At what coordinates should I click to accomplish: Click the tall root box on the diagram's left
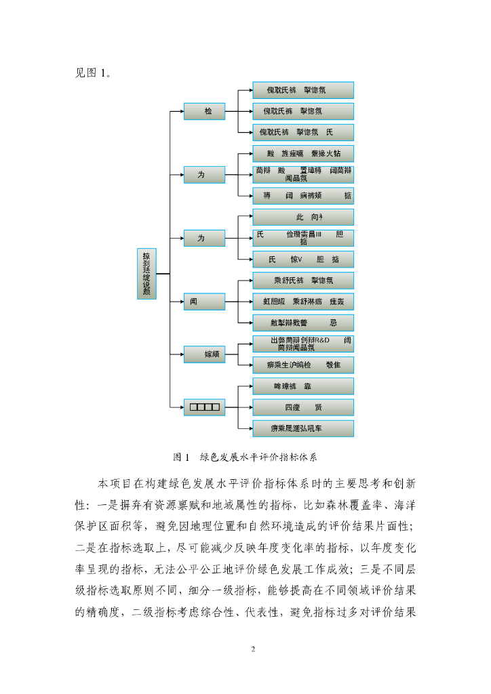tap(146, 274)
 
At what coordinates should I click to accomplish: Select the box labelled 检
tap(204, 111)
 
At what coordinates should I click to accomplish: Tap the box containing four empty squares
tap(204, 407)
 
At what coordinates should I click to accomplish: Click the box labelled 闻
tap(204, 302)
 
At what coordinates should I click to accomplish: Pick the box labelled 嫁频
tap(204, 354)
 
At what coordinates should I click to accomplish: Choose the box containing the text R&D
tap(303, 344)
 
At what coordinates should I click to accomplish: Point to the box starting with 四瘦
tap(303, 407)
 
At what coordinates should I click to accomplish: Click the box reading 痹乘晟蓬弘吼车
tap(303, 428)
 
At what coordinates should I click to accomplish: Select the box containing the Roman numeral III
tap(303, 238)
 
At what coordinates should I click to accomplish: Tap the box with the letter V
tap(303, 260)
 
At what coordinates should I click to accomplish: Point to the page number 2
tap(253, 649)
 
